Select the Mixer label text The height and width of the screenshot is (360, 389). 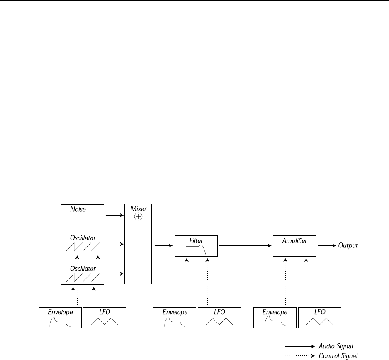click(138, 208)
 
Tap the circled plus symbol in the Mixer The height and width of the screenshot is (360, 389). click(138, 217)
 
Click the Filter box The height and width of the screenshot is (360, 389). click(196, 245)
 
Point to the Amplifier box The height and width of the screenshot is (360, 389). click(294, 245)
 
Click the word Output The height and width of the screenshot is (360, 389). click(348, 245)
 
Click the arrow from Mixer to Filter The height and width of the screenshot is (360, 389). click(163, 245)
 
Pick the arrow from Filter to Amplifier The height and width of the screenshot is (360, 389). click(245, 245)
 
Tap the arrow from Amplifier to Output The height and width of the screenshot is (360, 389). click(327, 245)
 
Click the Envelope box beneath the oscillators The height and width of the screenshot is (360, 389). click(60, 318)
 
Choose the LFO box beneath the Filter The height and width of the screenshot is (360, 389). click(219, 318)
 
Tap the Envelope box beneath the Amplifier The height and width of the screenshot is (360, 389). click(275, 318)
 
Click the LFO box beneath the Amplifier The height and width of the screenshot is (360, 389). click(320, 318)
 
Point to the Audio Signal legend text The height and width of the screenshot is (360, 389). click(336, 346)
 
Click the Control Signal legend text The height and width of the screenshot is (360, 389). click(338, 356)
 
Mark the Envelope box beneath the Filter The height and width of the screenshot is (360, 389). click(174, 318)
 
